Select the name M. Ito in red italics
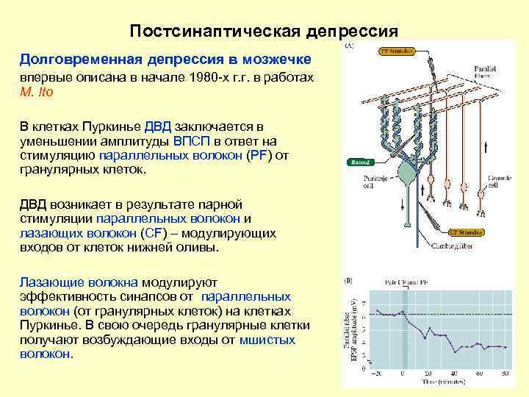point(37,92)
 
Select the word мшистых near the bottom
point(267,340)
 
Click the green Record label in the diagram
point(360,162)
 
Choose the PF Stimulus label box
point(397,51)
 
